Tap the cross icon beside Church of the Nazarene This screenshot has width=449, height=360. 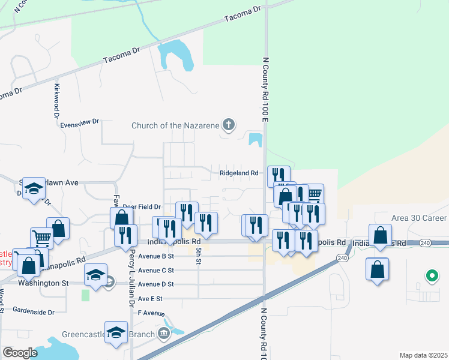tap(228, 125)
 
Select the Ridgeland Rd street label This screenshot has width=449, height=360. tap(238, 173)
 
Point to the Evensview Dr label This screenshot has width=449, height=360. tap(79, 122)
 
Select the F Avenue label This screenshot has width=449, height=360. tap(151, 313)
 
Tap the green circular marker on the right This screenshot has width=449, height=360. tap(431, 277)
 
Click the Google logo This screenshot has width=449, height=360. tap(20, 353)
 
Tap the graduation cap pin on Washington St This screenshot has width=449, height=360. tap(96, 275)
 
